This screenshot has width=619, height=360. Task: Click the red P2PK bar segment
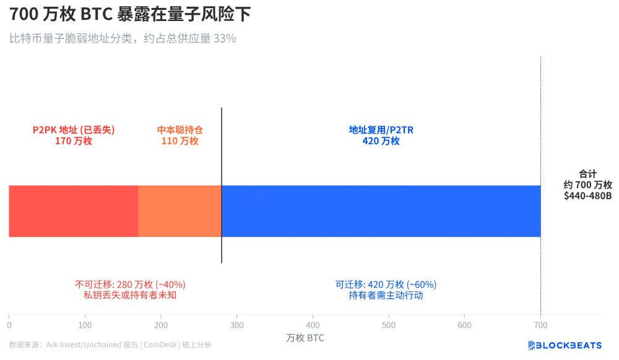tap(73, 211)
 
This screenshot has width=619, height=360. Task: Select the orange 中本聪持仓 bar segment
tap(180, 211)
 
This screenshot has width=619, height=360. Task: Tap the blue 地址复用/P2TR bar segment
tap(381, 211)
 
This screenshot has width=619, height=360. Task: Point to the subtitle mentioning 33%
tap(123, 38)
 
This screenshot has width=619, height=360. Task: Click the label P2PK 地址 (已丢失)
tap(74, 130)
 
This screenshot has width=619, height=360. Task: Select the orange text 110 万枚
tap(180, 141)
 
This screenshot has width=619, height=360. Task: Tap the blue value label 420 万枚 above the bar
tap(381, 141)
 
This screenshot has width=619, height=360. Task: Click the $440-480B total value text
tap(587, 195)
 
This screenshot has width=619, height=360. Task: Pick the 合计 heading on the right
tap(587, 174)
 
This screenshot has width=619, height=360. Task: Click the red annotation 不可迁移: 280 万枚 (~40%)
tap(131, 285)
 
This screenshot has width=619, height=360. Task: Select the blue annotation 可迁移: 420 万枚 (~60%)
tap(386, 285)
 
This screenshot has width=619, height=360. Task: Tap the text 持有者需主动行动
tap(386, 296)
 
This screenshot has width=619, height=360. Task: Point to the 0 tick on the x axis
tap(9, 325)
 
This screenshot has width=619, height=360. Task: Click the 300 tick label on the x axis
tap(236, 325)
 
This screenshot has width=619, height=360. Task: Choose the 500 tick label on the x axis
tap(389, 325)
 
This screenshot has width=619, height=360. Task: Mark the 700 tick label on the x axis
tap(540, 325)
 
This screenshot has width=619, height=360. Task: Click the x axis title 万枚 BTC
tap(305, 338)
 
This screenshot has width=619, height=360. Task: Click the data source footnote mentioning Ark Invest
tap(110, 345)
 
